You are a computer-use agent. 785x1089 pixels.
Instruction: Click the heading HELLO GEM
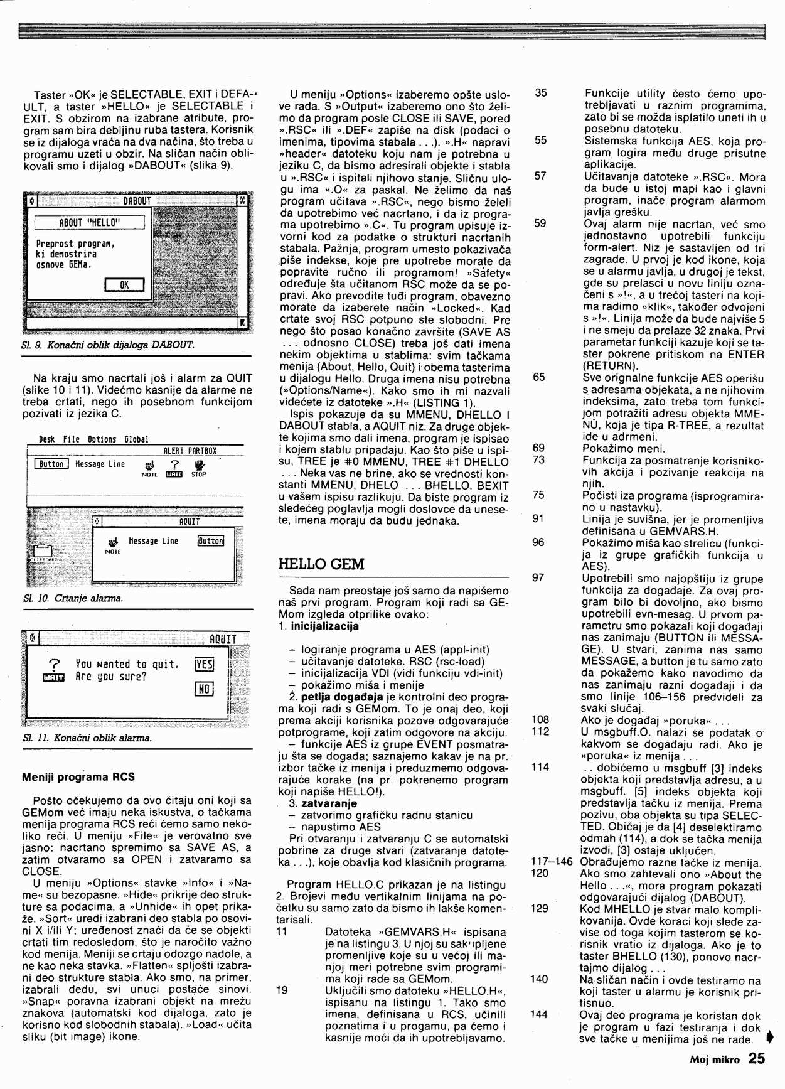[x=321, y=564]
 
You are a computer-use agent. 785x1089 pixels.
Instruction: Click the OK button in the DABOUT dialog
[x=124, y=285]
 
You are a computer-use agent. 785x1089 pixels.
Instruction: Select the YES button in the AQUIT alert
[x=205, y=664]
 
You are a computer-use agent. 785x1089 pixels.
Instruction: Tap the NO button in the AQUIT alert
[x=205, y=689]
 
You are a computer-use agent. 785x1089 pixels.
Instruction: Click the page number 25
[x=757, y=1058]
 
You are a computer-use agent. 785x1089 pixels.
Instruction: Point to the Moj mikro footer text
[x=715, y=1059]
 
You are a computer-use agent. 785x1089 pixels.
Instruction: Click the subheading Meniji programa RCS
[x=78, y=776]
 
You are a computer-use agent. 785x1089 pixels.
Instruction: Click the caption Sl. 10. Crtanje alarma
[x=73, y=598]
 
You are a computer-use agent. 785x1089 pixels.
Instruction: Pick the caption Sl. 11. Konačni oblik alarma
[x=87, y=738]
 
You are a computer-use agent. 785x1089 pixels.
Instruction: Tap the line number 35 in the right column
[x=540, y=93]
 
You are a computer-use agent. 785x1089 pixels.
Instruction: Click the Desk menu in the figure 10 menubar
[x=46, y=439]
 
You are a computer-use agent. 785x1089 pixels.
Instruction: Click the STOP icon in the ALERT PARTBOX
[x=199, y=468]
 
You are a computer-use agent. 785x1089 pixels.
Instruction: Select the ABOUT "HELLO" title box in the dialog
[x=90, y=223]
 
